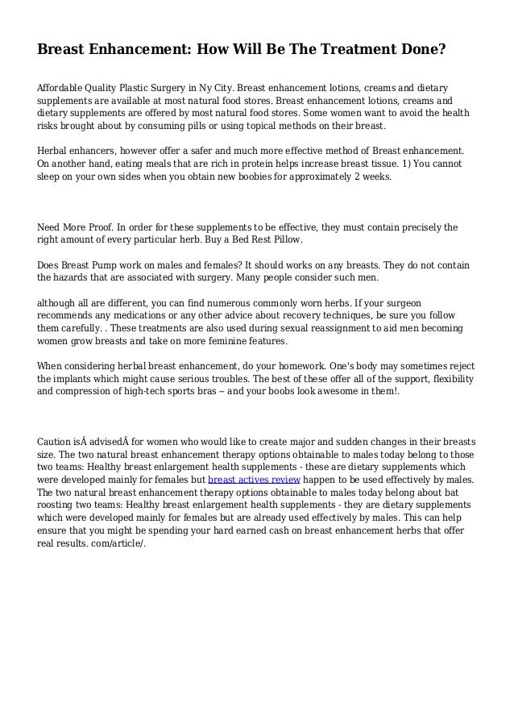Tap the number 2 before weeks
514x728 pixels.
tap(360, 178)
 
